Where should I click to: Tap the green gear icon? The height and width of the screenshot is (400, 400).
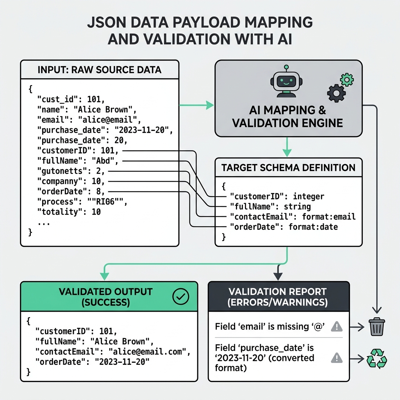tap(346, 80)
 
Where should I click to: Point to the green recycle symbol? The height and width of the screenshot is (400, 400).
tap(377, 358)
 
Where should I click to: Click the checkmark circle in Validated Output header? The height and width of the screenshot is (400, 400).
tap(180, 297)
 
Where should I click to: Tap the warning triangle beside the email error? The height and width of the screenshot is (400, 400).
tap(336, 326)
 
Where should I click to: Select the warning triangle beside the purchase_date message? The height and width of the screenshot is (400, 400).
tap(336, 358)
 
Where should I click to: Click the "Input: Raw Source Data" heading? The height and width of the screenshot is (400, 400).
tap(99, 70)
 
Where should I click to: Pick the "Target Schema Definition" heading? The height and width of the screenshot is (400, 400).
tap(288, 168)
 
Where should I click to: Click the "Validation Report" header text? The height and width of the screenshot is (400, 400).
tap(278, 291)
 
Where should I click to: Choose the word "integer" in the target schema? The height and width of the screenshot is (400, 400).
tap(308, 196)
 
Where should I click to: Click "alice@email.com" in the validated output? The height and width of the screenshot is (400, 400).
tap(148, 352)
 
